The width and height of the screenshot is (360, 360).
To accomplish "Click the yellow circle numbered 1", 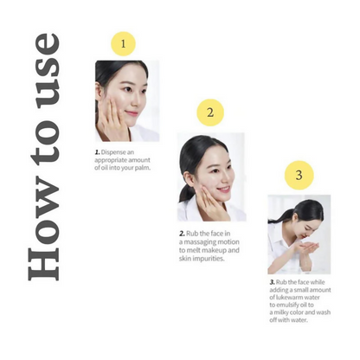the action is click(123, 44).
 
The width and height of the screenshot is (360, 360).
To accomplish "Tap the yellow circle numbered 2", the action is click(210, 112).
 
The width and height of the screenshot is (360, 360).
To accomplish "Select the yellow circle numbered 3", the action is click(299, 175).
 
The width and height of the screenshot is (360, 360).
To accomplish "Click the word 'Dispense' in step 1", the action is click(113, 152).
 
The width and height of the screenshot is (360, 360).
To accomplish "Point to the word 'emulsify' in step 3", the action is click(288, 305).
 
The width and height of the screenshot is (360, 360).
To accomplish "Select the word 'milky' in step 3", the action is click(281, 312).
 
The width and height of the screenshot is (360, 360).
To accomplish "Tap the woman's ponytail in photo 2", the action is click(184, 191).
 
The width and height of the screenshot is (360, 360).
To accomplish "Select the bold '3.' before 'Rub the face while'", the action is click(272, 282).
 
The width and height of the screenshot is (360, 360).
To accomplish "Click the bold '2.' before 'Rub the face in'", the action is click(182, 234).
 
